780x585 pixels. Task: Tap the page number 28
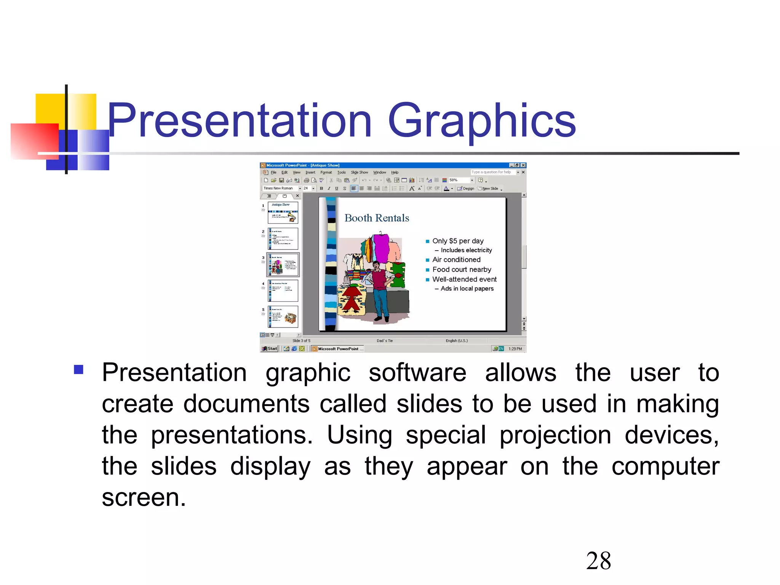[x=598, y=561]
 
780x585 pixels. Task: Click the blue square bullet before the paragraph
[x=79, y=369]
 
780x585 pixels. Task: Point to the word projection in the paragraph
[x=555, y=435]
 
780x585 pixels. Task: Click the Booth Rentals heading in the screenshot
[x=377, y=218]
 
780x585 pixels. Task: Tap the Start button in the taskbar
[x=270, y=348]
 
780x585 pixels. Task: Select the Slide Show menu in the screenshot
[x=359, y=173]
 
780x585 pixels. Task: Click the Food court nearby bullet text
[x=462, y=270]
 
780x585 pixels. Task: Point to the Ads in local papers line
[x=467, y=289]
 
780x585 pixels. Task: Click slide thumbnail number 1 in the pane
[x=283, y=213]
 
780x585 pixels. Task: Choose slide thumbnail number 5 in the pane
[x=283, y=317]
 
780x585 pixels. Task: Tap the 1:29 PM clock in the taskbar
[x=515, y=349]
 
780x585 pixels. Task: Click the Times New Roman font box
[x=279, y=189]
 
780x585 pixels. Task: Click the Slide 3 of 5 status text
[x=301, y=341]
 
